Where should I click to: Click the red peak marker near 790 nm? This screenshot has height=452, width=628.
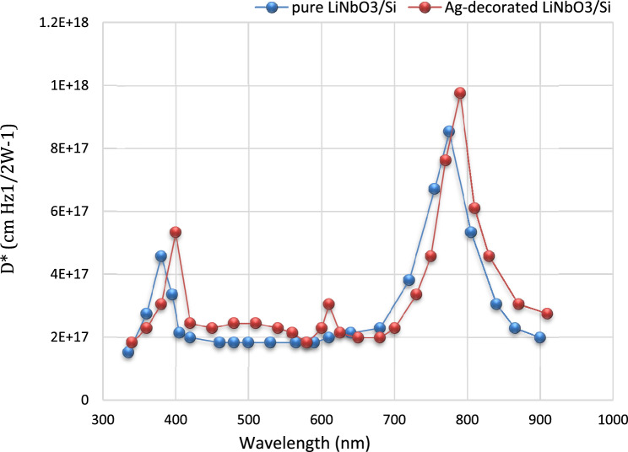click(x=460, y=93)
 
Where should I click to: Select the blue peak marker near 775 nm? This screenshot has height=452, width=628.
click(x=449, y=132)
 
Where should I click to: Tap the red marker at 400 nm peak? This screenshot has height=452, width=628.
click(x=176, y=232)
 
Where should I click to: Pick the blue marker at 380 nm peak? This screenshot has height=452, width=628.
click(x=161, y=256)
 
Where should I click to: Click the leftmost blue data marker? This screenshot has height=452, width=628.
click(x=128, y=352)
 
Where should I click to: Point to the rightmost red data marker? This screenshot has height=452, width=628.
click(x=547, y=314)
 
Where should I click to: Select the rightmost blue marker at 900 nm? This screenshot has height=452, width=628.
click(x=540, y=337)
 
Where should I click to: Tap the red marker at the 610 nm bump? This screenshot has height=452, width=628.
click(x=328, y=304)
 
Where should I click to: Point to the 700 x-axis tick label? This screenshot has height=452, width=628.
click(x=394, y=417)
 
